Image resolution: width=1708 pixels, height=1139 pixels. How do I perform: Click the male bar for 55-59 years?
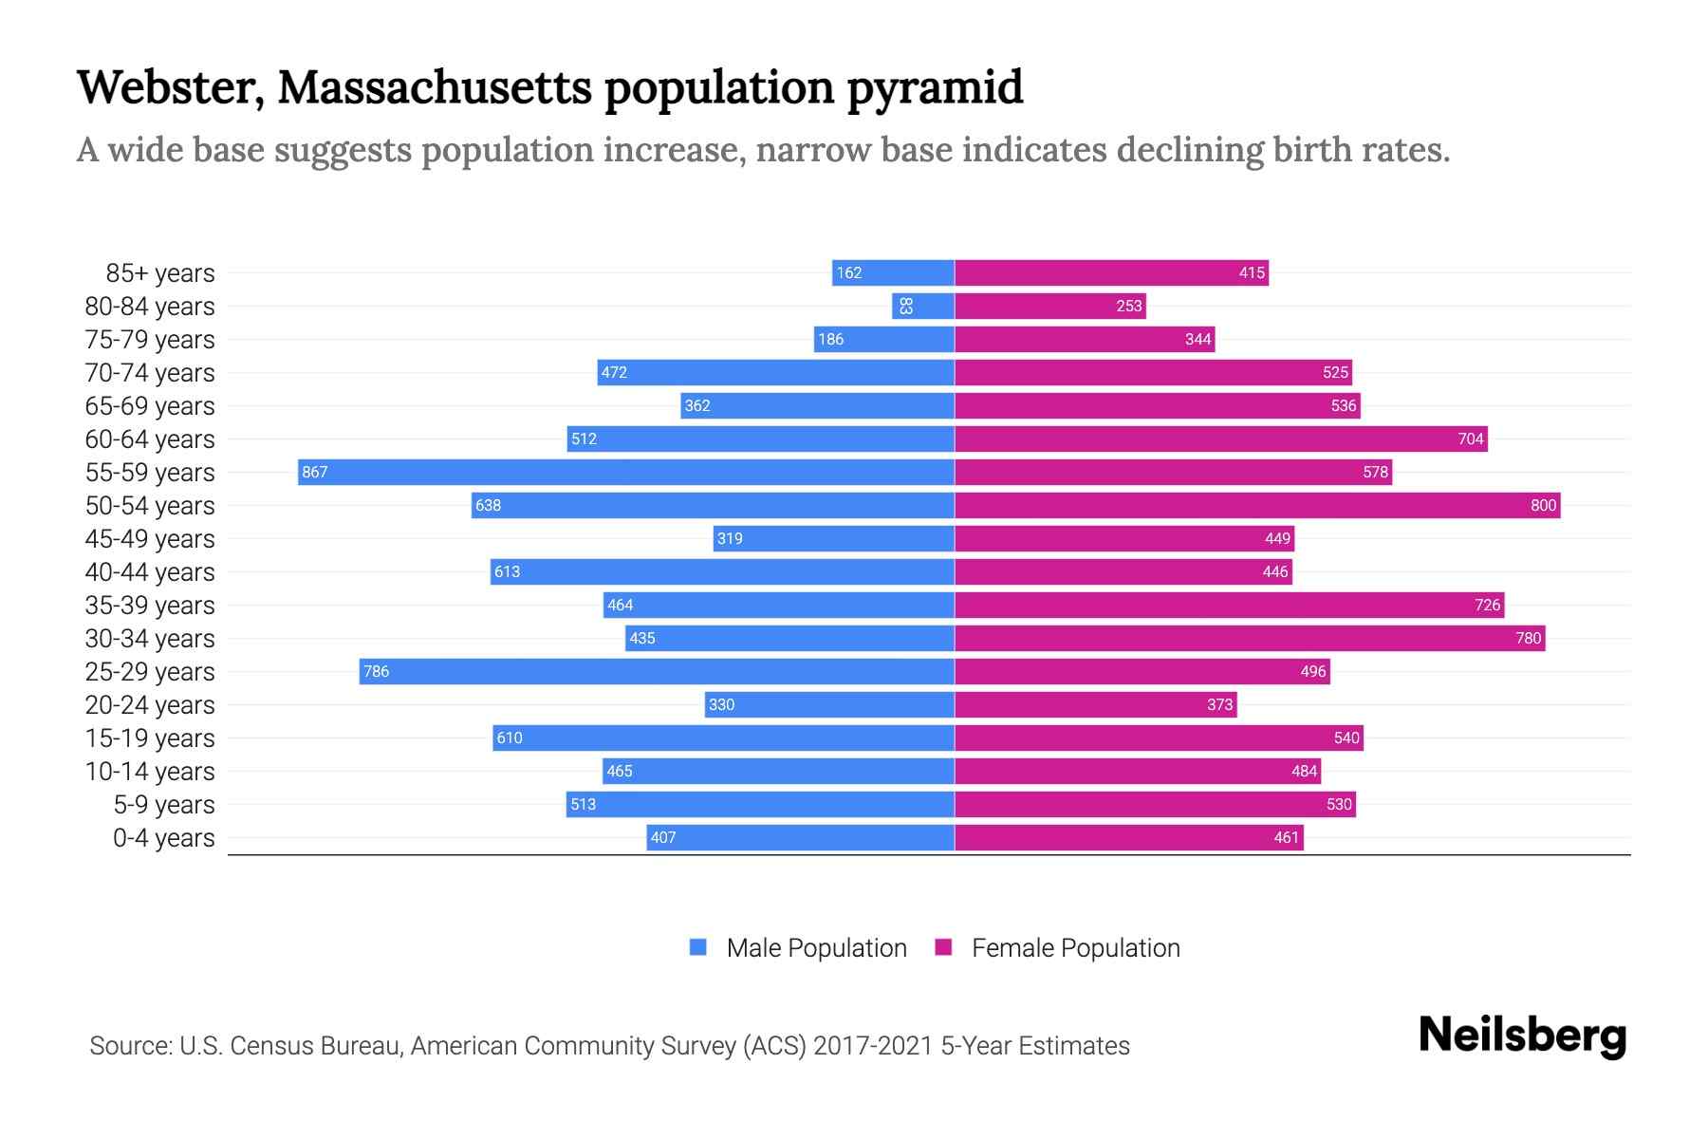pyautogui.click(x=626, y=472)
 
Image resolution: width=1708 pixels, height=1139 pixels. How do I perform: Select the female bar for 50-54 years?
pyautogui.click(x=1257, y=505)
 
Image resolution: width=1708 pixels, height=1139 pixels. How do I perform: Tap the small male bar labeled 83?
pyautogui.click(x=922, y=306)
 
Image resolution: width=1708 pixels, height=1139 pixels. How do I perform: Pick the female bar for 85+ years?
pyautogui.click(x=1111, y=272)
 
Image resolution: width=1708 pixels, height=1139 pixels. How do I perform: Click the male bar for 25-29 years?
pyautogui.click(x=657, y=671)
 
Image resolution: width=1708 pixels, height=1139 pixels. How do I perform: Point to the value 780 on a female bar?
pyautogui.click(x=1528, y=638)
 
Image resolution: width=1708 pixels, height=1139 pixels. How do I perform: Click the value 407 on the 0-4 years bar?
pyautogui.click(x=663, y=837)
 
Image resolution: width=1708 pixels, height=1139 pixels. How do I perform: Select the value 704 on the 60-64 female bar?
pyautogui.click(x=1470, y=439)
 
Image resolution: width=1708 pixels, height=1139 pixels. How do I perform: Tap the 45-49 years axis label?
pyautogui.click(x=150, y=538)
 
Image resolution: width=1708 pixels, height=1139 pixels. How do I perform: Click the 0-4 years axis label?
pyautogui.click(x=163, y=837)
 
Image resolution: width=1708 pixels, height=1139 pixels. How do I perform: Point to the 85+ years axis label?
pyautogui.click(x=159, y=272)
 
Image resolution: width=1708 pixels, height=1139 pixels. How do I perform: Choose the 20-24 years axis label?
pyautogui.click(x=150, y=704)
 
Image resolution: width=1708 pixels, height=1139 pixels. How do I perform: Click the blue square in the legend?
pyautogui.click(x=698, y=947)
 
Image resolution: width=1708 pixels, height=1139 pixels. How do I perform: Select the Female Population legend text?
pyautogui.click(x=1075, y=947)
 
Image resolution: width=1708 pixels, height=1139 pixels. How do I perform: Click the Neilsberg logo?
pyautogui.click(x=1522, y=1036)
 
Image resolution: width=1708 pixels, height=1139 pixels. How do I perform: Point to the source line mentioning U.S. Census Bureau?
pyautogui.click(x=609, y=1045)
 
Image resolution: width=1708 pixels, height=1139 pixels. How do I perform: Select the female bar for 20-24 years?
pyautogui.click(x=1095, y=704)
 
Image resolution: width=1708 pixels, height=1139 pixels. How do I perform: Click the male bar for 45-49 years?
pyautogui.click(x=833, y=538)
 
